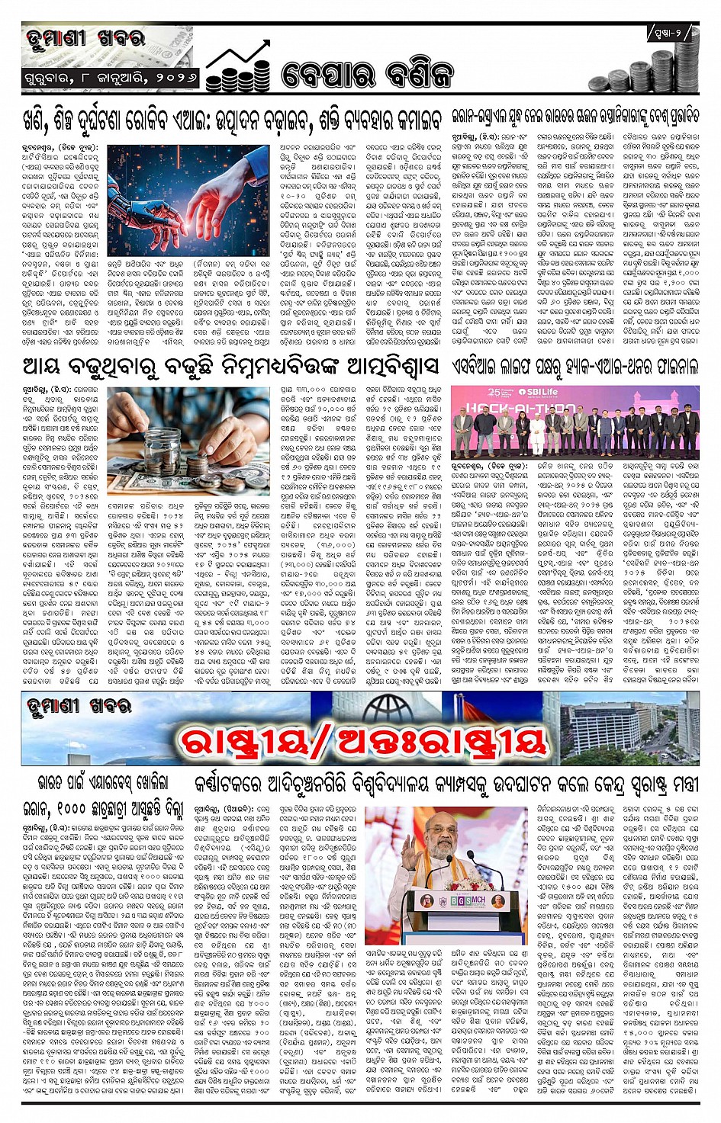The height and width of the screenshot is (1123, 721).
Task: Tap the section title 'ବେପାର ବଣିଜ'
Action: (x=366, y=74)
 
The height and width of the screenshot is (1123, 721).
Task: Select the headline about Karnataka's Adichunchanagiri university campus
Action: (x=446, y=784)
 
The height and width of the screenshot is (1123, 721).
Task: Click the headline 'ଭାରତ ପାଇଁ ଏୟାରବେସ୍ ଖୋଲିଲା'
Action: (x=104, y=784)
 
